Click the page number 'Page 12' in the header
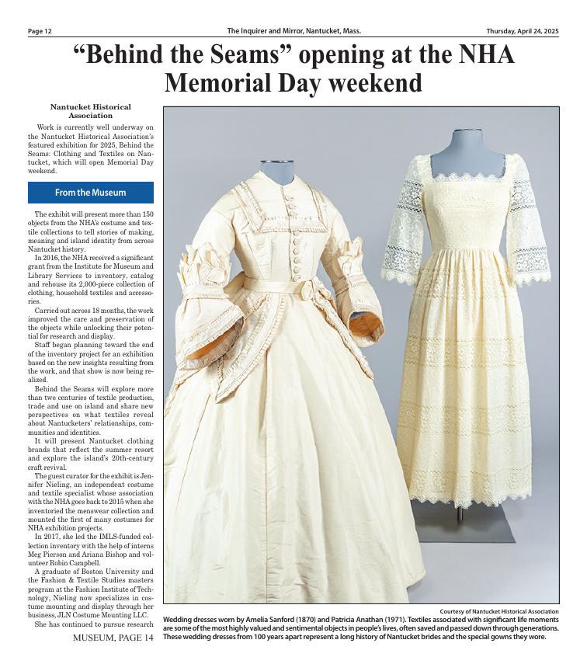pyautogui.click(x=40, y=31)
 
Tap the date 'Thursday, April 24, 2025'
pyautogui.click(x=523, y=31)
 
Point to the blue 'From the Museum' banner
pyautogui.click(x=90, y=193)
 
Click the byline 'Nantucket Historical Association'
pyautogui.click(x=90, y=111)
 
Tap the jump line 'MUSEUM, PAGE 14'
pyautogui.click(x=113, y=638)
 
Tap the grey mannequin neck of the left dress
pyautogui.click(x=277, y=172)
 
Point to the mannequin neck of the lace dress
pyautogui.click(x=467, y=148)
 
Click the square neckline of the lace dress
pyautogui.click(x=468, y=177)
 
